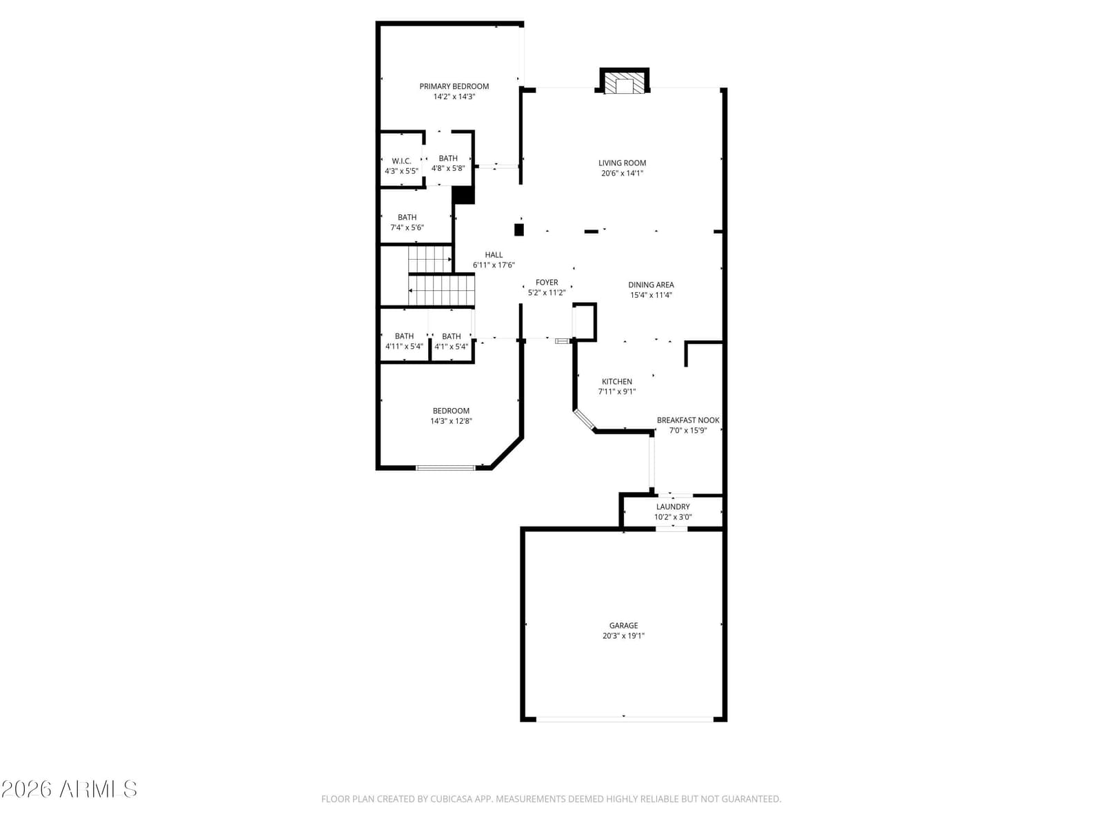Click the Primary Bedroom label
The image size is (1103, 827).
coord(454,86)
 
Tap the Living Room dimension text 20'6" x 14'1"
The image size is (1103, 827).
coord(622,173)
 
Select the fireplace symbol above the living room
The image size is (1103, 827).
coord(624,81)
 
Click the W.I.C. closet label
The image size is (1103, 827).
coord(401,161)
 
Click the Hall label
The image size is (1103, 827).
coord(494,254)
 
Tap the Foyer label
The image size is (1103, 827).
coord(547,282)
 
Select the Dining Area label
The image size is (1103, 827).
coord(651,285)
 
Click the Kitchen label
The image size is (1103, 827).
coord(617,382)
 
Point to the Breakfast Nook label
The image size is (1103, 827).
coord(688,420)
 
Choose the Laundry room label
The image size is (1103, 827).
coord(673,507)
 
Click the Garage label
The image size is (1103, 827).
coord(624,625)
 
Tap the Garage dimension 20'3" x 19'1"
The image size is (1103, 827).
coord(624,635)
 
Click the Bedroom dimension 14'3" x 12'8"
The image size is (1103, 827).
coord(452,421)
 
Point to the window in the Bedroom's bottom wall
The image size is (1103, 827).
coord(446,468)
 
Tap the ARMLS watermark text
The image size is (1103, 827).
coord(99,789)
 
